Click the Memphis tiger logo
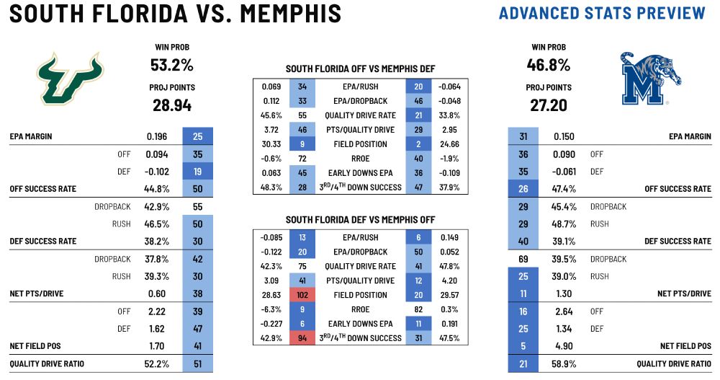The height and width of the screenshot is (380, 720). point(649,79)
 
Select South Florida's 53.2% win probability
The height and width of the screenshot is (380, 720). point(171,65)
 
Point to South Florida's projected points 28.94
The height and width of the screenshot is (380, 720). point(171,105)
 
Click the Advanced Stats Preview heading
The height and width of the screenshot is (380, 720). point(602,13)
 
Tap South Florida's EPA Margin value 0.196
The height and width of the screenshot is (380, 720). point(157,136)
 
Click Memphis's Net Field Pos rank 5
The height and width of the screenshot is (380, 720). point(522,346)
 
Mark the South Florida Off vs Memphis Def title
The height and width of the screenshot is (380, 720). point(361,69)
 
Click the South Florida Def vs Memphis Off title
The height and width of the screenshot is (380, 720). point(361,219)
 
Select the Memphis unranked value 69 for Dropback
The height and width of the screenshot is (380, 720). point(522,259)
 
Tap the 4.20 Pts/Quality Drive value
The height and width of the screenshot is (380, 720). point(449,280)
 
